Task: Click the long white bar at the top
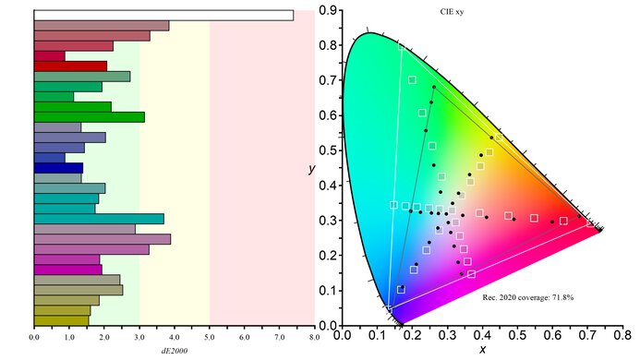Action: [163, 15]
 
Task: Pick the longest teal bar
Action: [99, 219]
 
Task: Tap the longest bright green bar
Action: [89, 116]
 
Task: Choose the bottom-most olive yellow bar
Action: [61, 321]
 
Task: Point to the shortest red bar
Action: [49, 56]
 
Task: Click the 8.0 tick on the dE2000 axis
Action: [314, 339]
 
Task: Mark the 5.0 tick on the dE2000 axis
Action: [210, 339]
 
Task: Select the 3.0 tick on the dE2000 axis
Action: [139, 339]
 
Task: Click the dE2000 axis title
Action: [174, 352]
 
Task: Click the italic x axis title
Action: [482, 350]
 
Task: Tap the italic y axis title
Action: [311, 171]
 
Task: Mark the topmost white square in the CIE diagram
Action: [412, 79]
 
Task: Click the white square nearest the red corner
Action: [590, 222]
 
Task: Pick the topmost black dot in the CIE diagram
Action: [433, 87]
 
